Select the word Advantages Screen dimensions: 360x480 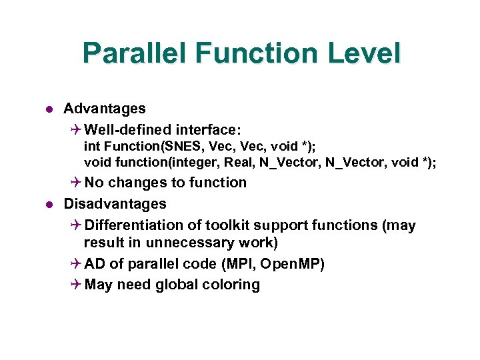click(104, 108)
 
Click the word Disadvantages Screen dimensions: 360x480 click(115, 203)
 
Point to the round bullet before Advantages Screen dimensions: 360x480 click(49, 109)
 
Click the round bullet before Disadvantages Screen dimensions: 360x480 click(49, 204)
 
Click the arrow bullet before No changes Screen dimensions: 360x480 click(75, 183)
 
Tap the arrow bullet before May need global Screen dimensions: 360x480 click(75, 285)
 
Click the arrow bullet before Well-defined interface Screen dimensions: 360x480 click(75, 129)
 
